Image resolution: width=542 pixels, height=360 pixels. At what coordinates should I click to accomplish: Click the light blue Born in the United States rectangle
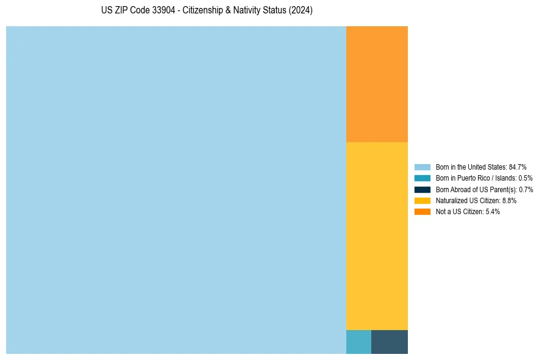pos(176,190)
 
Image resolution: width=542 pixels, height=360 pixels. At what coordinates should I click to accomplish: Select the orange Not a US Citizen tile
pos(377,84)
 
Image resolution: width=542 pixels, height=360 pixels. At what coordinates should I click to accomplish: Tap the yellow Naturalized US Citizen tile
pos(377,236)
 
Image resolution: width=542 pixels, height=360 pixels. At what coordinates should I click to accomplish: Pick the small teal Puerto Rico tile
pos(358,342)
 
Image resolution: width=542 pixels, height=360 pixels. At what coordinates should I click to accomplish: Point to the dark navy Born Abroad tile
pos(390,342)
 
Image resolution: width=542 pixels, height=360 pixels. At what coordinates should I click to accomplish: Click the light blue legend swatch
pos(423,167)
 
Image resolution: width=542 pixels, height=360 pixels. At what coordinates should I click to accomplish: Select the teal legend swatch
pos(423,178)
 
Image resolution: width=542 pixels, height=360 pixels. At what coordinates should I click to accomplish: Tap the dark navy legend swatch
pos(423,189)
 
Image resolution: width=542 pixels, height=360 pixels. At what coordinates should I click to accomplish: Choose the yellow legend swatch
pos(423,200)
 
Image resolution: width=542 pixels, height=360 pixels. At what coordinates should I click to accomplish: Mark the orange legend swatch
pos(423,211)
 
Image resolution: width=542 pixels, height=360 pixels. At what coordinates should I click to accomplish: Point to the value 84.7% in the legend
pos(518,167)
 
